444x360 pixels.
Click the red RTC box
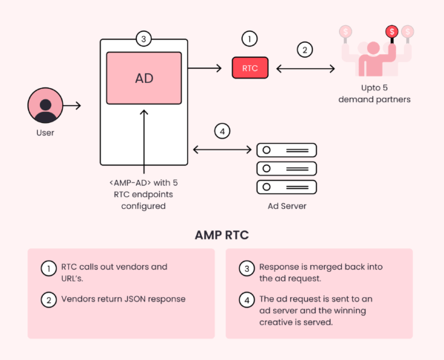[x=250, y=68]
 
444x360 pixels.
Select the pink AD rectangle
[x=144, y=78]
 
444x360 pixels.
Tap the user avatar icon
[x=45, y=106]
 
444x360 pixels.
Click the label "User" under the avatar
[x=45, y=133]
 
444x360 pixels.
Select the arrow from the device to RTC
[x=206, y=68]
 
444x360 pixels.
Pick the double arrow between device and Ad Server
[x=222, y=150]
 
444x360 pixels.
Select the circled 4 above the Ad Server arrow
[x=222, y=132]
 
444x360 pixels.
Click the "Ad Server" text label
[x=286, y=206]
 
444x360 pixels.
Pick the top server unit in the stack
[x=286, y=150]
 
